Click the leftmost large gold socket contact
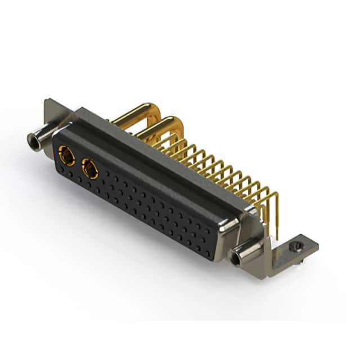coord(67,155)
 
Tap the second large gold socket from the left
coord(89,168)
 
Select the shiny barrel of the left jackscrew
coord(42,135)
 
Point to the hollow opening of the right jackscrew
coord(234,258)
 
